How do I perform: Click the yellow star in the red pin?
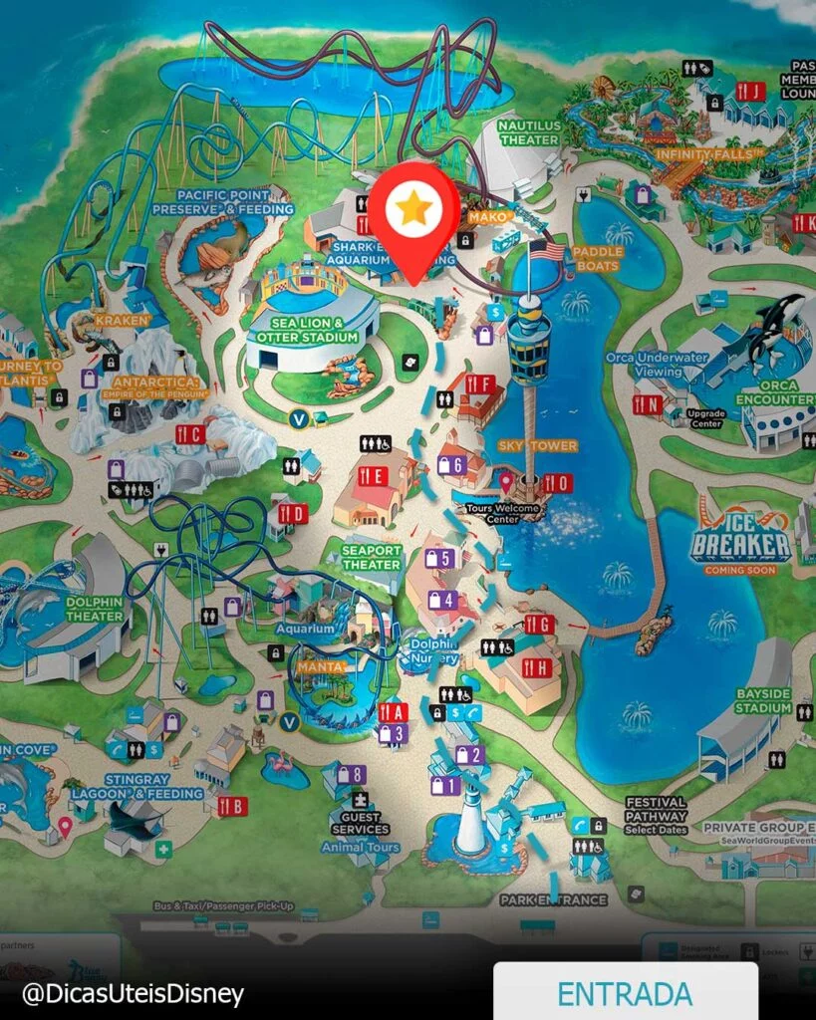pos(410,208)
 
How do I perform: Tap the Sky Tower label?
pos(540,445)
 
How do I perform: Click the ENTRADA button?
pos(624,992)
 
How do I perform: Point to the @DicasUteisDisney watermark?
pos(133,993)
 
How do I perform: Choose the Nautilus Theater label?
pos(530,133)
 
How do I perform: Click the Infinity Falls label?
pos(709,154)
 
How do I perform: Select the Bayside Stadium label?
pos(763,700)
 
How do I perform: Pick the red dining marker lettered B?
pos(232,806)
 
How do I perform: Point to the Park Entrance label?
pos(553,899)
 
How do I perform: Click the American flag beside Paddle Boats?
pos(546,250)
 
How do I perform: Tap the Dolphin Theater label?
pos(96,609)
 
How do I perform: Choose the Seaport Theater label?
pos(372,558)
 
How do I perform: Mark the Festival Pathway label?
pos(657,808)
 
